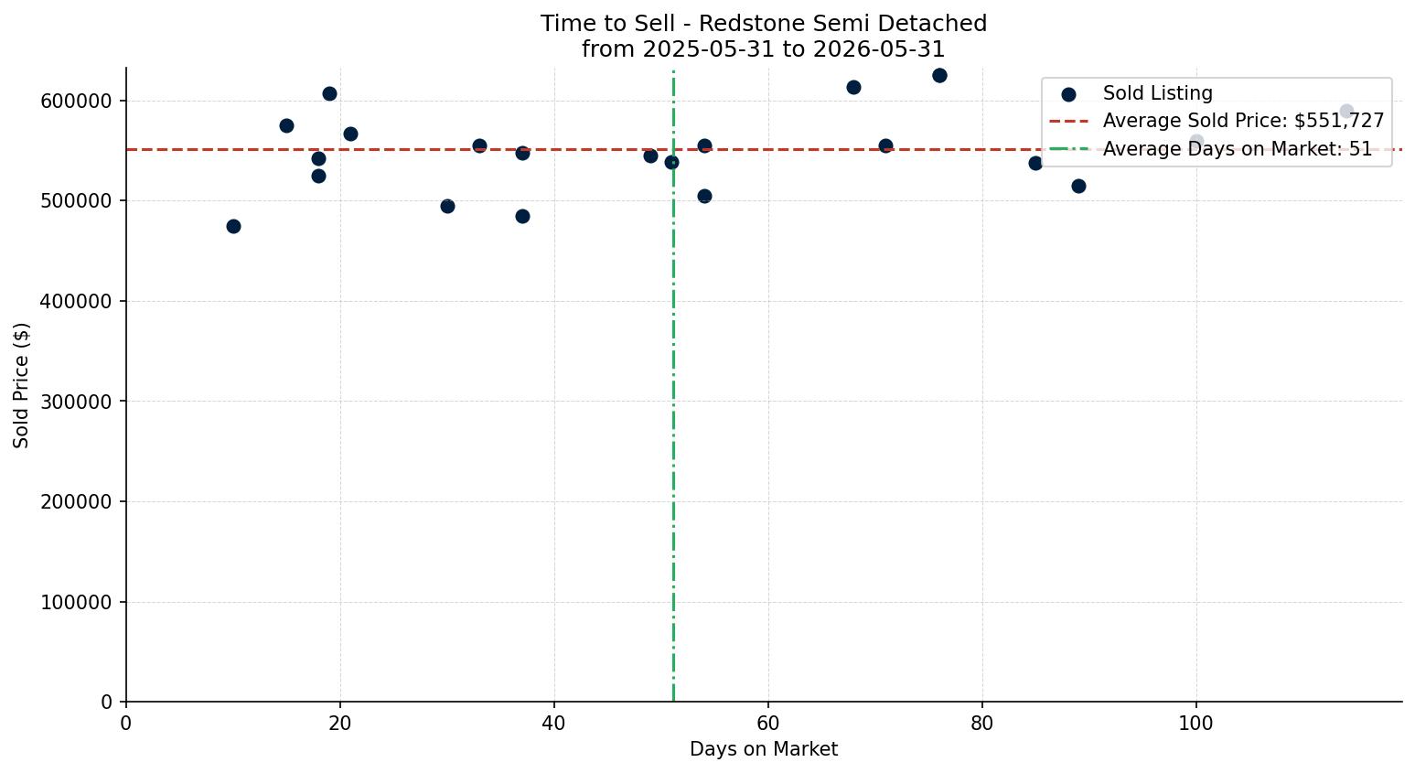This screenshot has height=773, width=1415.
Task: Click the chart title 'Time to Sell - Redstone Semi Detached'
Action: (763, 24)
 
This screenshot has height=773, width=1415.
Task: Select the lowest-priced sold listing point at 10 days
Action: (233, 226)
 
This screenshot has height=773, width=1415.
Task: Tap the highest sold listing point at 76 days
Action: (939, 75)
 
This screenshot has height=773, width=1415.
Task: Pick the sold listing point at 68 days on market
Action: (853, 87)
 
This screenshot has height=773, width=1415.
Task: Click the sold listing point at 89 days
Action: (1078, 186)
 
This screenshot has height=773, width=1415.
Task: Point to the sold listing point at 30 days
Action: (447, 206)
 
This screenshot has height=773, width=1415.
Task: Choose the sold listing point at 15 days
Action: (286, 125)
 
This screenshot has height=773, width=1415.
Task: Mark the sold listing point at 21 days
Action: (350, 134)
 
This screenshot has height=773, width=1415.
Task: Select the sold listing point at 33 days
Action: (479, 145)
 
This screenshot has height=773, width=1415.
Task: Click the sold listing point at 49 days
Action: (650, 156)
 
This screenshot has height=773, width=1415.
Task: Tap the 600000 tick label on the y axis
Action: (76, 101)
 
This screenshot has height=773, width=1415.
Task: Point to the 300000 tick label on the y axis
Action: (76, 402)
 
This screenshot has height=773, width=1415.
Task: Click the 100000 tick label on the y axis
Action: (76, 603)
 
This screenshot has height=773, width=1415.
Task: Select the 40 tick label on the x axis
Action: (554, 723)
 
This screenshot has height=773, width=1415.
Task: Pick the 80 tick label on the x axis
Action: (982, 723)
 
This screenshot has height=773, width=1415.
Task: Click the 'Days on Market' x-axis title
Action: (763, 749)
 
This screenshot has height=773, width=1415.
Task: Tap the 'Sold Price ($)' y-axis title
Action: (21, 385)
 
